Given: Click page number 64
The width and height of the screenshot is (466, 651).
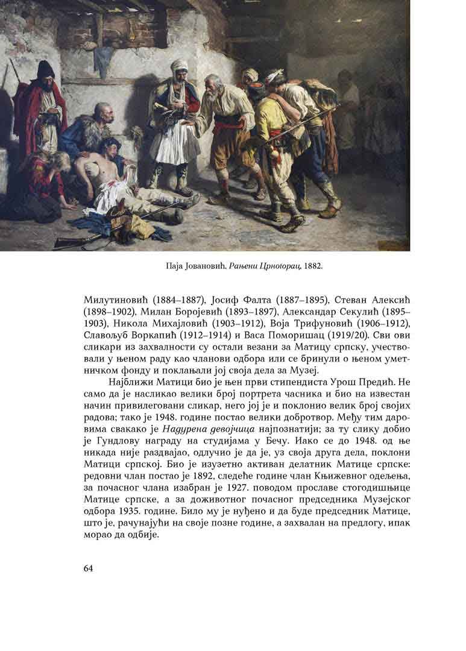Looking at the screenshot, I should click(x=89, y=568).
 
